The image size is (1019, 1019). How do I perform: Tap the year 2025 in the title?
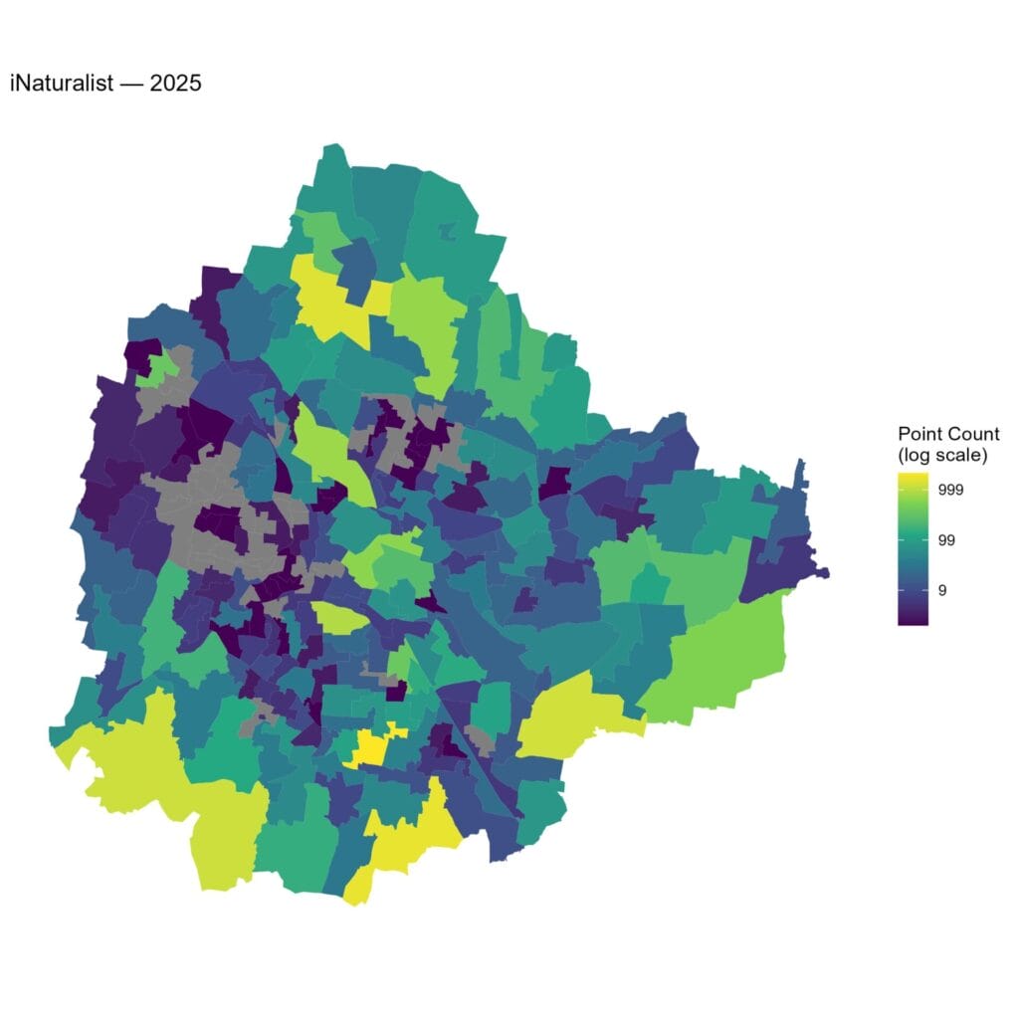(x=175, y=84)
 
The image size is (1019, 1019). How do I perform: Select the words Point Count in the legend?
(x=948, y=434)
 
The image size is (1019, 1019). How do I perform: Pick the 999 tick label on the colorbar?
(x=949, y=490)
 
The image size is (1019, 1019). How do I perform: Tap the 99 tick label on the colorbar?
(x=945, y=540)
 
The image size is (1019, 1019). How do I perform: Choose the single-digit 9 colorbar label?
(x=941, y=590)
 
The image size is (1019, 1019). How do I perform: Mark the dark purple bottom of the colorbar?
(x=913, y=618)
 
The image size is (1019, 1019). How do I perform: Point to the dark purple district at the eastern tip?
(x=786, y=567)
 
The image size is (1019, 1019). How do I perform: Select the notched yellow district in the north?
(x=328, y=299)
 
